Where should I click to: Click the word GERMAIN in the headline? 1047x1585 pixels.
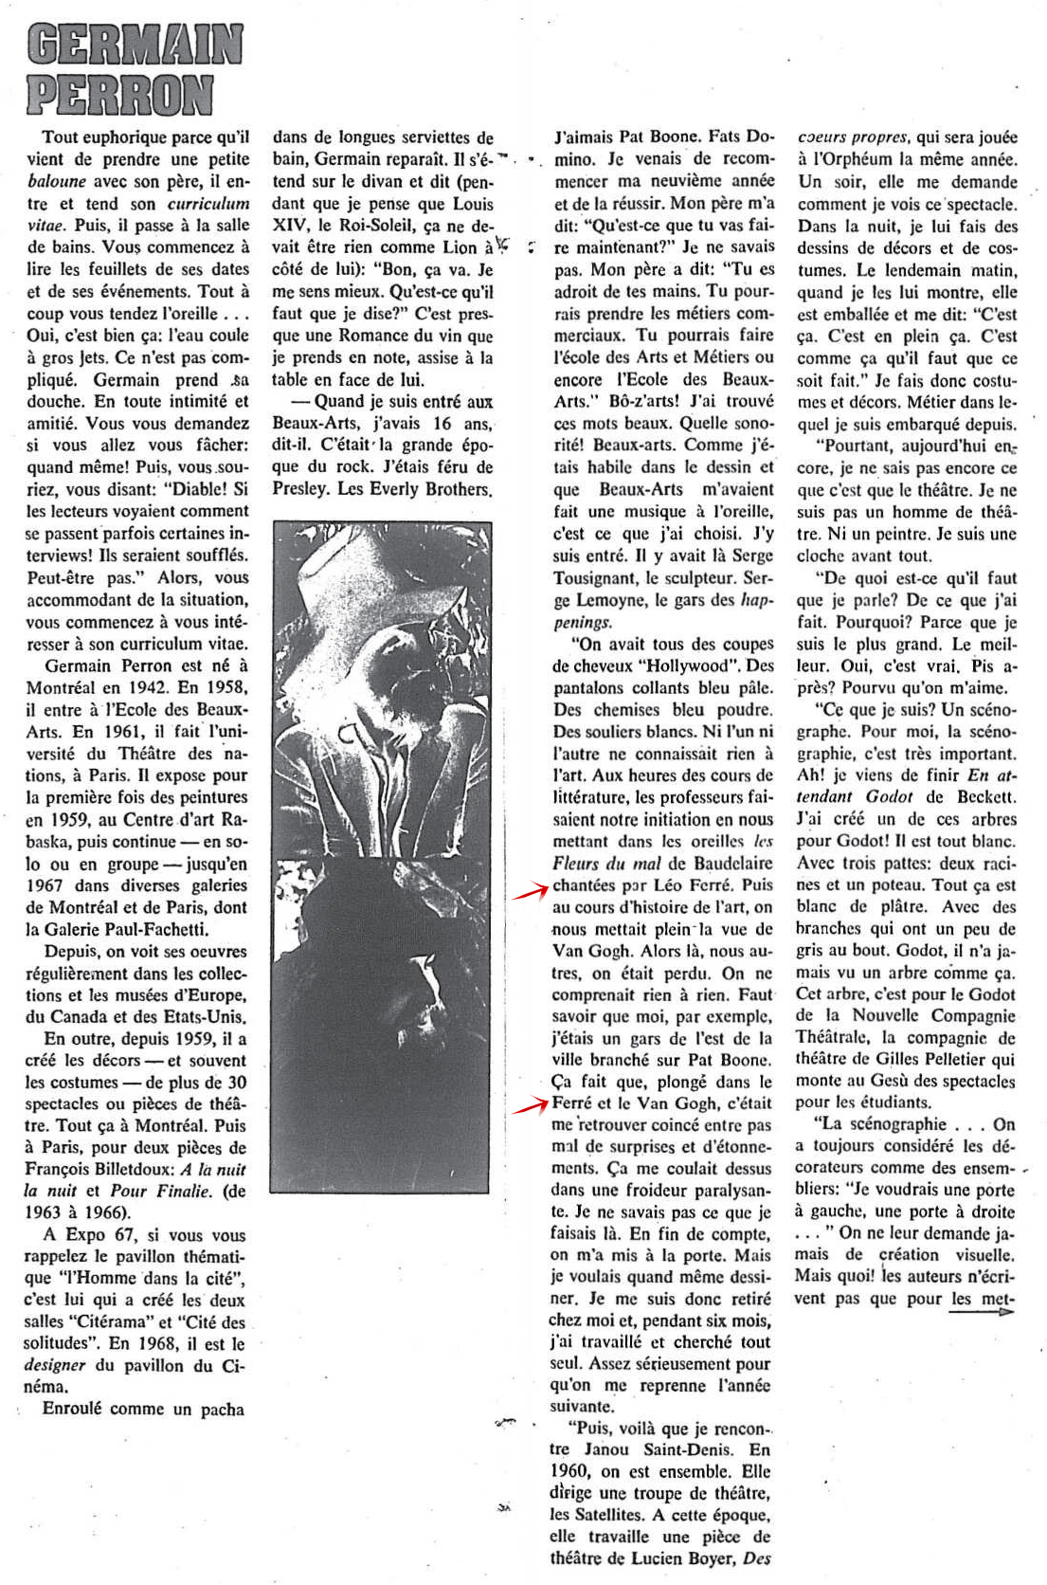click(x=135, y=46)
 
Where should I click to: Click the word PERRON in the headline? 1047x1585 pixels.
click(x=119, y=96)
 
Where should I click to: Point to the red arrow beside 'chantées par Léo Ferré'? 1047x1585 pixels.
click(x=532, y=890)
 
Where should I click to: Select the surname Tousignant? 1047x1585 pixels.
click(x=602, y=578)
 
